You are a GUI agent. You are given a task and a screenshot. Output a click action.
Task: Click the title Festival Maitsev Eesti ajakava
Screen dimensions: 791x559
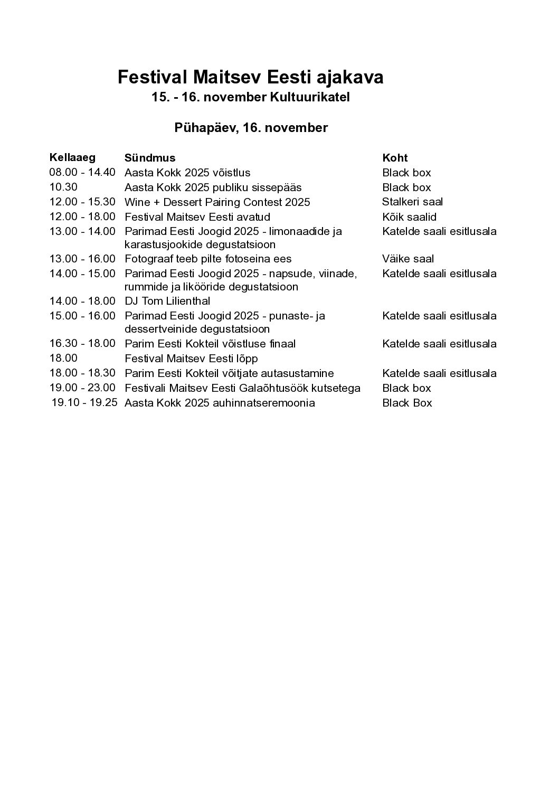point(250,78)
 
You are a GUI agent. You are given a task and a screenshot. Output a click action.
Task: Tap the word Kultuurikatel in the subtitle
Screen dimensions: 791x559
point(310,98)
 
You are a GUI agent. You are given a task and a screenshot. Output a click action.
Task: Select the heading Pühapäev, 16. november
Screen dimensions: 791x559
point(251,128)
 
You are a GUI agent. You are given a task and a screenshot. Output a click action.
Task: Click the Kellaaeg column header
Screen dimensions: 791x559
point(72,157)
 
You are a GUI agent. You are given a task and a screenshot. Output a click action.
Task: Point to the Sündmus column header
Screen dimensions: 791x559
point(150,158)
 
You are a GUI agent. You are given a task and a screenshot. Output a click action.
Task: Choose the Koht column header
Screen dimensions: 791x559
point(395,158)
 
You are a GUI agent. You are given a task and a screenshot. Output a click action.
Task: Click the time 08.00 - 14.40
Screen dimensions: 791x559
point(82,172)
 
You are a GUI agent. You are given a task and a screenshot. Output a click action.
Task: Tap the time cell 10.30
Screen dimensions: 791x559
point(63,187)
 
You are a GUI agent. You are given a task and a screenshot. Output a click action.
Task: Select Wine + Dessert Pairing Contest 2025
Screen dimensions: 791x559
point(217,202)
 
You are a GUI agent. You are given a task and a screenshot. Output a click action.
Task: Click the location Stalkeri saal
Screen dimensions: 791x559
point(412,202)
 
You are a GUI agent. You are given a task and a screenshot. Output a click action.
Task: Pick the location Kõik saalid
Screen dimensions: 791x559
point(409,217)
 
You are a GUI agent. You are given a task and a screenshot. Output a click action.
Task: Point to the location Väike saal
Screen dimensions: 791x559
point(408,259)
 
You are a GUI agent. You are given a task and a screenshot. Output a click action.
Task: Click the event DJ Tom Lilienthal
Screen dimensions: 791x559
point(167,301)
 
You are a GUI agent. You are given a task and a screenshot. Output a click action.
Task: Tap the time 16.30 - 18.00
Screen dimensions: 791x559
point(82,343)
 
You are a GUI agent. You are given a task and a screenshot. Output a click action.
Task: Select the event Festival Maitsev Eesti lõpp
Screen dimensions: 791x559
point(191,359)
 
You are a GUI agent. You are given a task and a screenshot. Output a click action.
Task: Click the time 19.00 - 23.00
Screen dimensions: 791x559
point(82,388)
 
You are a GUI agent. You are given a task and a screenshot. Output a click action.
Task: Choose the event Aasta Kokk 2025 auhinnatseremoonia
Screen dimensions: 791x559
point(220,403)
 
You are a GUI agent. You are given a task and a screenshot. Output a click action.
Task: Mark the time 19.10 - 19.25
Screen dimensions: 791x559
point(84,402)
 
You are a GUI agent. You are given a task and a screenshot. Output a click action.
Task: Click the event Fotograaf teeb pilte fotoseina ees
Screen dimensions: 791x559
point(208,259)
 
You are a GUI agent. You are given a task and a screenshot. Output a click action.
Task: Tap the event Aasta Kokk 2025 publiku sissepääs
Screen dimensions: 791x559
point(213,187)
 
